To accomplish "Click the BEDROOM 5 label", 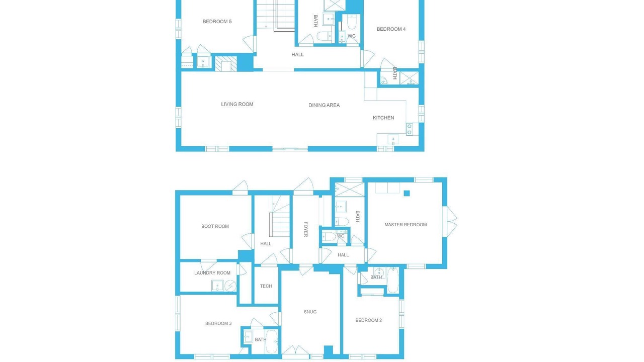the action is (x=217, y=22).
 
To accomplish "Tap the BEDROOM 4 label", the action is (x=391, y=29).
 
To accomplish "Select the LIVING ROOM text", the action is (x=237, y=104).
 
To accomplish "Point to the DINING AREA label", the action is (x=324, y=105).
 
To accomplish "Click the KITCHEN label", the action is (x=383, y=118).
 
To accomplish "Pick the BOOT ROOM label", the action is (x=215, y=226).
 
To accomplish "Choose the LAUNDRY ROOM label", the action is (x=212, y=273).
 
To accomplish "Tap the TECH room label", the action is (x=266, y=286).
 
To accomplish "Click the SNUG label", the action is (x=310, y=312).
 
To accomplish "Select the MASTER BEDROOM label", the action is (x=406, y=225).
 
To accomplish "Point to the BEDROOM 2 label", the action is (x=369, y=320).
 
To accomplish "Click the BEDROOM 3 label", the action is (x=218, y=323).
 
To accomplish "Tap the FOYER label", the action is (x=306, y=230).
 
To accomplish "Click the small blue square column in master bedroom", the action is (x=407, y=194).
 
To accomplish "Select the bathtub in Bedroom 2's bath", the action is (x=393, y=280).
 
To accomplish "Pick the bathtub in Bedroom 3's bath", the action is (x=271, y=341).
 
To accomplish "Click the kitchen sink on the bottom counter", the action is (x=393, y=140).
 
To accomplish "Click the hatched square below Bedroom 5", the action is (x=226, y=64).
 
